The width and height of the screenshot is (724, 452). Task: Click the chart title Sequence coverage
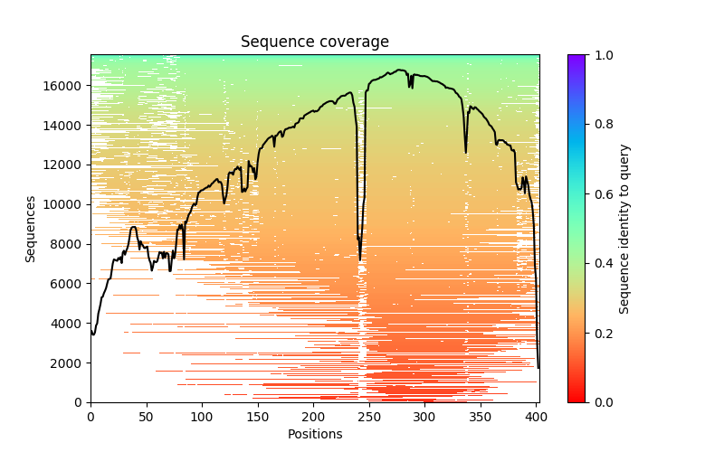(x=314, y=42)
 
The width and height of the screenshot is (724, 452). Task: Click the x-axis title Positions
(x=314, y=434)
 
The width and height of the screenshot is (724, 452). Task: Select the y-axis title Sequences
(x=31, y=229)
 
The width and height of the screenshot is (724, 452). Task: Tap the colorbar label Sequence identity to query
(x=624, y=229)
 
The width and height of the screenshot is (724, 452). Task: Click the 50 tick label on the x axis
(x=146, y=417)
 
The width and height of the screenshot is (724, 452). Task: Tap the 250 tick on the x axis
(x=369, y=417)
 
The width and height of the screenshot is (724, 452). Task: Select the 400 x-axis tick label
(x=537, y=417)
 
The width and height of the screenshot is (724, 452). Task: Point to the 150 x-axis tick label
(x=258, y=417)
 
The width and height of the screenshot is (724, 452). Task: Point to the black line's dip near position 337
(x=466, y=152)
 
